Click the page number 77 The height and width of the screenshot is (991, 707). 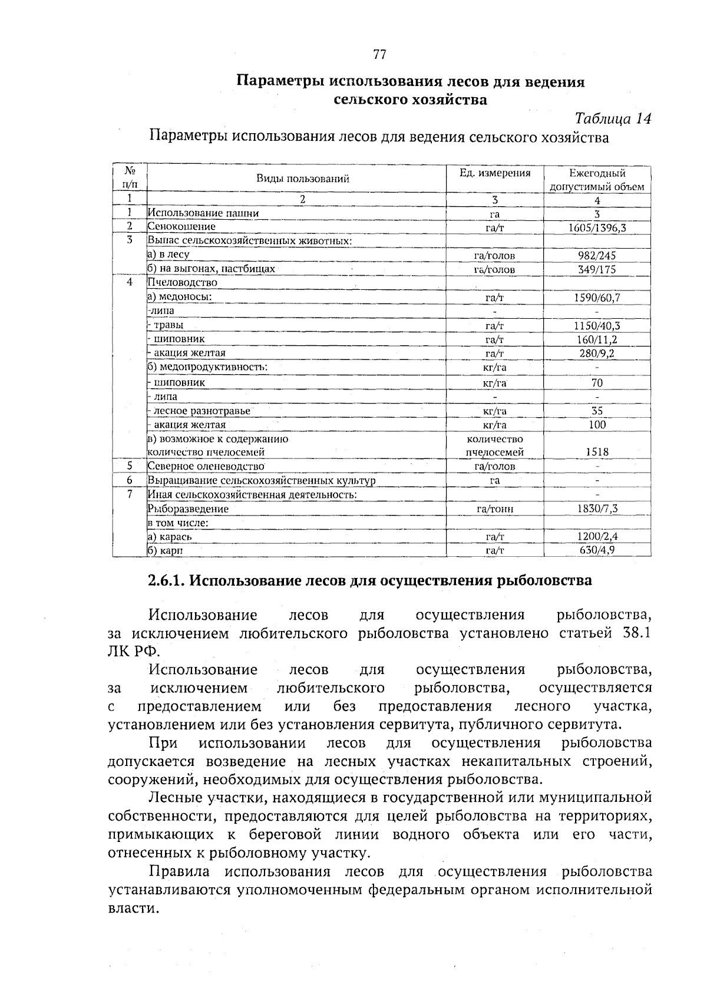379,55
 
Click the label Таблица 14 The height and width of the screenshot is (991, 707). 613,118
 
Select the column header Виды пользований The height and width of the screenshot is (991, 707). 302,179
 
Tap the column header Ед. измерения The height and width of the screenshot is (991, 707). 495,173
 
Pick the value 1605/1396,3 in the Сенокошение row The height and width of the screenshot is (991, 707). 597,227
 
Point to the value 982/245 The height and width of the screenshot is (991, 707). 597,256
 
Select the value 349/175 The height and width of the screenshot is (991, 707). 597,270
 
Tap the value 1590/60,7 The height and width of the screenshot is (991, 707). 597,298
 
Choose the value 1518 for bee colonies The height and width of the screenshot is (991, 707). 597,452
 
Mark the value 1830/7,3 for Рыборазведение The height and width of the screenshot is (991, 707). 597,508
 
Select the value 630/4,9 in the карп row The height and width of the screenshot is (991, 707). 597,550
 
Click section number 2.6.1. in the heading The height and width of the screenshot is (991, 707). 166,581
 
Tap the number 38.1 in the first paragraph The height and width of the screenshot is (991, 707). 636,634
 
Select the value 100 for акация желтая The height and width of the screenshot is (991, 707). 597,425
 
